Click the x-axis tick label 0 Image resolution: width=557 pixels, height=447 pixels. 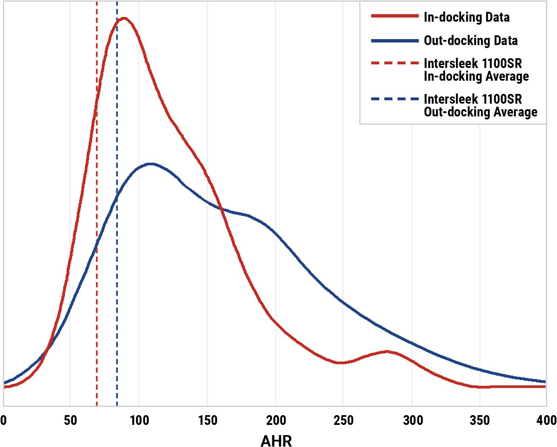(3, 421)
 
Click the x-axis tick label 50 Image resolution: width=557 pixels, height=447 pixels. (70, 421)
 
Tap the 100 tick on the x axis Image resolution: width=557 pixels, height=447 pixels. (139, 421)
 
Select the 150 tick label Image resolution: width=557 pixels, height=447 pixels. (207, 421)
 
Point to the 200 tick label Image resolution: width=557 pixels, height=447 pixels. (276, 421)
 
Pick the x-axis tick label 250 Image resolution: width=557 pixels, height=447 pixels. (343, 421)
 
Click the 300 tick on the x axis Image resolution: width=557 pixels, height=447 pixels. (413, 421)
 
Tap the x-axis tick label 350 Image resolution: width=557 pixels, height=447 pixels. (480, 421)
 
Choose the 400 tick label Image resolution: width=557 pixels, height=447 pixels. (546, 421)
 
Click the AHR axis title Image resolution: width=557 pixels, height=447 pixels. (276, 441)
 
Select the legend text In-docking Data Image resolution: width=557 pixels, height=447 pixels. (467, 17)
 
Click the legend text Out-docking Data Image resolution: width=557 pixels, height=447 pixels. (471, 41)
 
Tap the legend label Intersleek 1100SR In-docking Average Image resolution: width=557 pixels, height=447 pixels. (476, 70)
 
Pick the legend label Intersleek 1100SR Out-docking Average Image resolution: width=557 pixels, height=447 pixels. (480, 106)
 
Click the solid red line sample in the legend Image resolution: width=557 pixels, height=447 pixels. (395, 16)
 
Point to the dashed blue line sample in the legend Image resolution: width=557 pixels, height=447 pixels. (395, 99)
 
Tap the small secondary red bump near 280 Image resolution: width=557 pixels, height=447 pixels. (386, 351)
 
